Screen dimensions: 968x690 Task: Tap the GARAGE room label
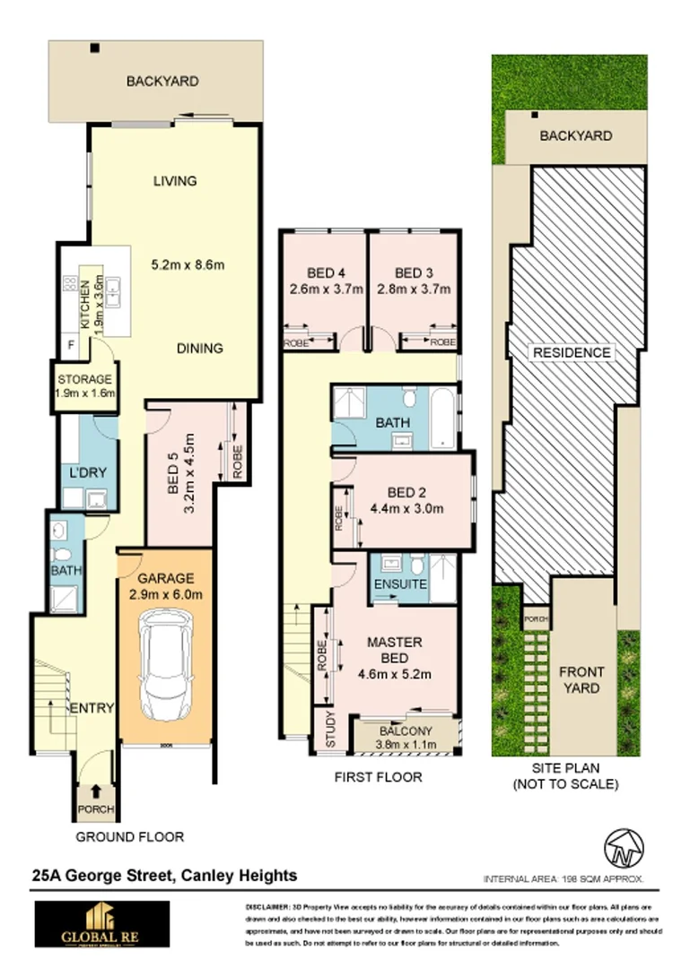click(x=166, y=578)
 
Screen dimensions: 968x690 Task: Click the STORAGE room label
click(x=84, y=379)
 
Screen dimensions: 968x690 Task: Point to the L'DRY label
click(x=84, y=472)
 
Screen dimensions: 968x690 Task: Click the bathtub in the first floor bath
click(x=443, y=418)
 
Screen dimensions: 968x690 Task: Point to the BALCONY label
click(x=404, y=730)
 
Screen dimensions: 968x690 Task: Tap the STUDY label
click(x=329, y=735)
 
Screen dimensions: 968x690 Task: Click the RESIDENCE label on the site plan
click(x=572, y=352)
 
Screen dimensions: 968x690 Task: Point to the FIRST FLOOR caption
click(x=378, y=777)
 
